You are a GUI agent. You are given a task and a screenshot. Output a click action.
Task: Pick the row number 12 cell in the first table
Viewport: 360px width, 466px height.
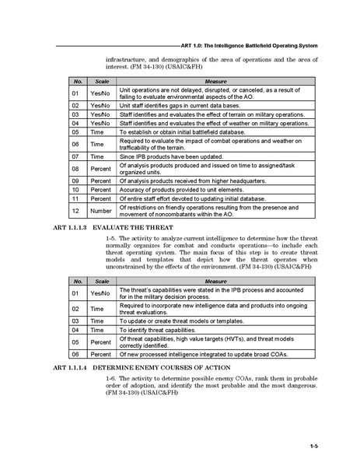coord(76,210)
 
